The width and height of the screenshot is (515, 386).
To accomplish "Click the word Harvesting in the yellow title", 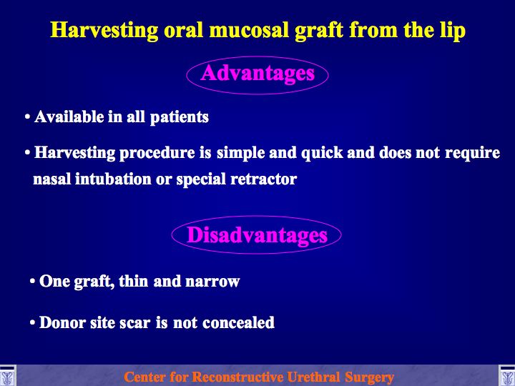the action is [x=104, y=31].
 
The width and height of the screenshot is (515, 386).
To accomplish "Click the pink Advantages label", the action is [x=257, y=72].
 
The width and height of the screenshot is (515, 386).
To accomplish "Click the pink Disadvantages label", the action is [x=257, y=235].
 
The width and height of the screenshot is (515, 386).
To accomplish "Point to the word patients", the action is [x=180, y=117].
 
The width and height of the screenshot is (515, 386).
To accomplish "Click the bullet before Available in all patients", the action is [x=28, y=117].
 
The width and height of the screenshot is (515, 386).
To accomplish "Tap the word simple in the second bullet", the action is [x=241, y=153].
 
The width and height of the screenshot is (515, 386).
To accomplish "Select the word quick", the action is [x=322, y=153].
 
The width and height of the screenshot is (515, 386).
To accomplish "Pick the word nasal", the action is [x=52, y=179].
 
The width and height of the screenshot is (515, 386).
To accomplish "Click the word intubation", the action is [x=113, y=179].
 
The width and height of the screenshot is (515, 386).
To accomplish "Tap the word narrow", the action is [x=212, y=282].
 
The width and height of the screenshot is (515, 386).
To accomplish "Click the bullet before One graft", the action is [x=32, y=282].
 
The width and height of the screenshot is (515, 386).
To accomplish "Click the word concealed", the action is [x=238, y=322].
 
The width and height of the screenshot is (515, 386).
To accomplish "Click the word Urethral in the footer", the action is [x=313, y=377].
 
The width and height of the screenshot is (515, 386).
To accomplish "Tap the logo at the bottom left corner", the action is [x=8, y=375].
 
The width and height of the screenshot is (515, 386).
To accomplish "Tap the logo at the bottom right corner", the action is [x=507, y=375].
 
